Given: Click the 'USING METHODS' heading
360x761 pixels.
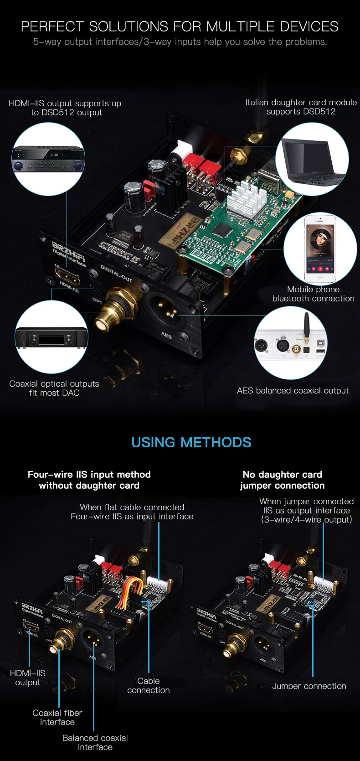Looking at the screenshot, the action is [x=191, y=442].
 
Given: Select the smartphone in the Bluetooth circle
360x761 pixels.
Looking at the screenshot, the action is [x=320, y=248].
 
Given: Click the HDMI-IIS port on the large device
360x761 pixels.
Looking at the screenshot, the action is [x=67, y=274].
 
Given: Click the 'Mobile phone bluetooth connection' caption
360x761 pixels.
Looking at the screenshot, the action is [x=313, y=294].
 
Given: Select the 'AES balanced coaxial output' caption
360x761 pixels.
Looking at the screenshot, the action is [x=293, y=391].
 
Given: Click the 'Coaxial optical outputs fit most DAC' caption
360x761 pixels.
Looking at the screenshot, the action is [x=54, y=388].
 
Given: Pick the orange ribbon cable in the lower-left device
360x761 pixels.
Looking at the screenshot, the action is [x=131, y=590].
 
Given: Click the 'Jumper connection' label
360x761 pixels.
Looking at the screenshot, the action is [x=309, y=686].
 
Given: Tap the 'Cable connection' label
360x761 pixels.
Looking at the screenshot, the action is [x=149, y=686].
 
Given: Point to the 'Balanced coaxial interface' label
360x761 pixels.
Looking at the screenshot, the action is [x=95, y=742].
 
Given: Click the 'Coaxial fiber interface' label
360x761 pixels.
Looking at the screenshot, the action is [x=57, y=717].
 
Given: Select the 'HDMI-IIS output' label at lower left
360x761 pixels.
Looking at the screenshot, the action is [x=27, y=678].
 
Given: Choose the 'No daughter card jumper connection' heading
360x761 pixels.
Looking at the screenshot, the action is [x=282, y=480].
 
